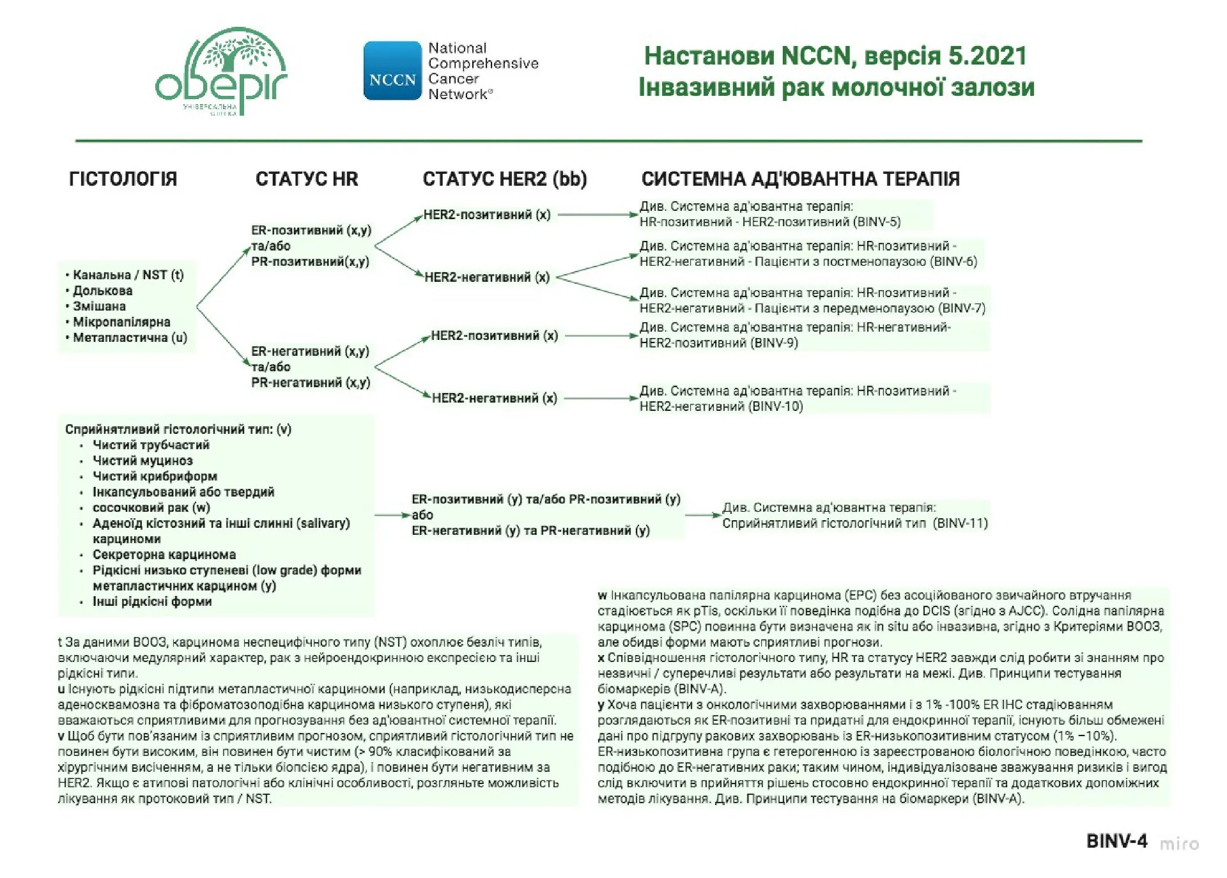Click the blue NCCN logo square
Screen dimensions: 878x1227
392,71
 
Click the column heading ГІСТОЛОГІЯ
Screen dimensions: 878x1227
123,179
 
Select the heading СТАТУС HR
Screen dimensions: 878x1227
307,179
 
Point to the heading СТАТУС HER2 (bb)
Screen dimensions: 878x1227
504,179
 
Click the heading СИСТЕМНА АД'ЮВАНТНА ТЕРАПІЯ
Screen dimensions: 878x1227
800,179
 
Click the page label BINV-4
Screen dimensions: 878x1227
1116,841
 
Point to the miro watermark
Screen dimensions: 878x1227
1179,843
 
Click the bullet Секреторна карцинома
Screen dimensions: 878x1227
164,555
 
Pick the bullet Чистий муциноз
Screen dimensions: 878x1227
143,461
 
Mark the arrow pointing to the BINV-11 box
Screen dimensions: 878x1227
702,515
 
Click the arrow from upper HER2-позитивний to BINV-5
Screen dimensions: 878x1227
598,215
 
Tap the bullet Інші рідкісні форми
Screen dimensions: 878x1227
152,601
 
